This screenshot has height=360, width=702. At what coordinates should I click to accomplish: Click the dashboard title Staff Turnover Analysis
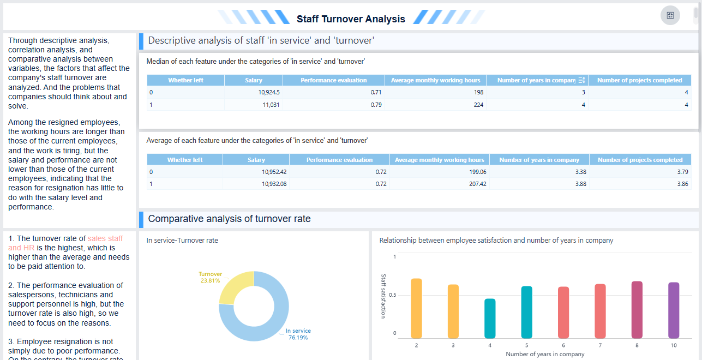click(x=351, y=19)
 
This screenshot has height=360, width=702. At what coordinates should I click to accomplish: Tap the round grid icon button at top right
click(x=670, y=15)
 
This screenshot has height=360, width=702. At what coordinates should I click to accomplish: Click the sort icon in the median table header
click(x=581, y=80)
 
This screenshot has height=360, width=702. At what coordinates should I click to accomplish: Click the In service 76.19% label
click(x=298, y=334)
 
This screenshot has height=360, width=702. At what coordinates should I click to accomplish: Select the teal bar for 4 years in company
click(x=490, y=319)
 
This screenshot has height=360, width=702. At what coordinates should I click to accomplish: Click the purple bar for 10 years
click(x=674, y=310)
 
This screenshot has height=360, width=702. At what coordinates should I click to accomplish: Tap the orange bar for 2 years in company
click(x=416, y=308)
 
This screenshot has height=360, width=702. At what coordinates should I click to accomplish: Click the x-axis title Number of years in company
click(x=544, y=354)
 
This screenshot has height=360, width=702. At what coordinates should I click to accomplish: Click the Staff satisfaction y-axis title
click(x=383, y=296)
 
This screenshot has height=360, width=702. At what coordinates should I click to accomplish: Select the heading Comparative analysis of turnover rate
click(x=229, y=219)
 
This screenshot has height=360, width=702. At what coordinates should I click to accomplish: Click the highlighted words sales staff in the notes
click(x=105, y=238)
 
